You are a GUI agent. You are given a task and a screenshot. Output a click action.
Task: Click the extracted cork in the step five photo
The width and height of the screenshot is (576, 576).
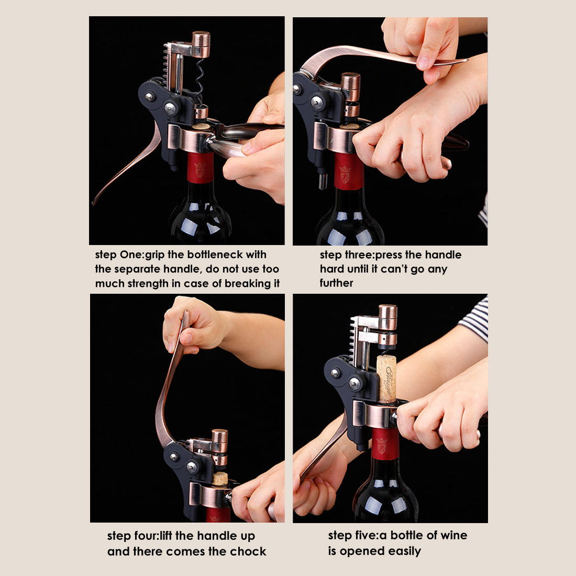click(386, 378)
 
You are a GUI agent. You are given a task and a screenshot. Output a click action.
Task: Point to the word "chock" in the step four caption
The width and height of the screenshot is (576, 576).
click(248, 551)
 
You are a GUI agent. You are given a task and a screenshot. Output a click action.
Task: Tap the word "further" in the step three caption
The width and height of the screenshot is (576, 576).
click(336, 283)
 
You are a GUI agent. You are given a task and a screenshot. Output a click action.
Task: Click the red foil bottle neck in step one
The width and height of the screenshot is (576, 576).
click(201, 168)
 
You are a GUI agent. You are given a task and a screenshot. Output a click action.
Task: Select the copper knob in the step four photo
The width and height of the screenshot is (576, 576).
click(219, 440)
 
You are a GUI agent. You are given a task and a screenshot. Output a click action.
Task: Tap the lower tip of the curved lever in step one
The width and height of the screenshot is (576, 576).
click(95, 202)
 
